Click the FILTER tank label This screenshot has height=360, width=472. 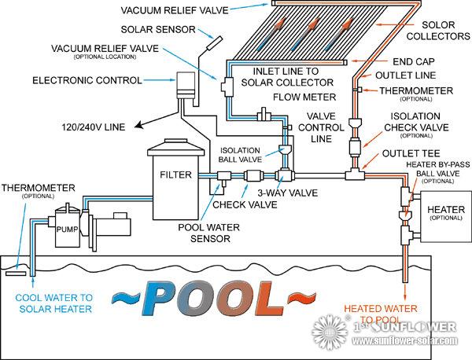point(172,173)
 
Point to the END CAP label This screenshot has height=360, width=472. point(411,61)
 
